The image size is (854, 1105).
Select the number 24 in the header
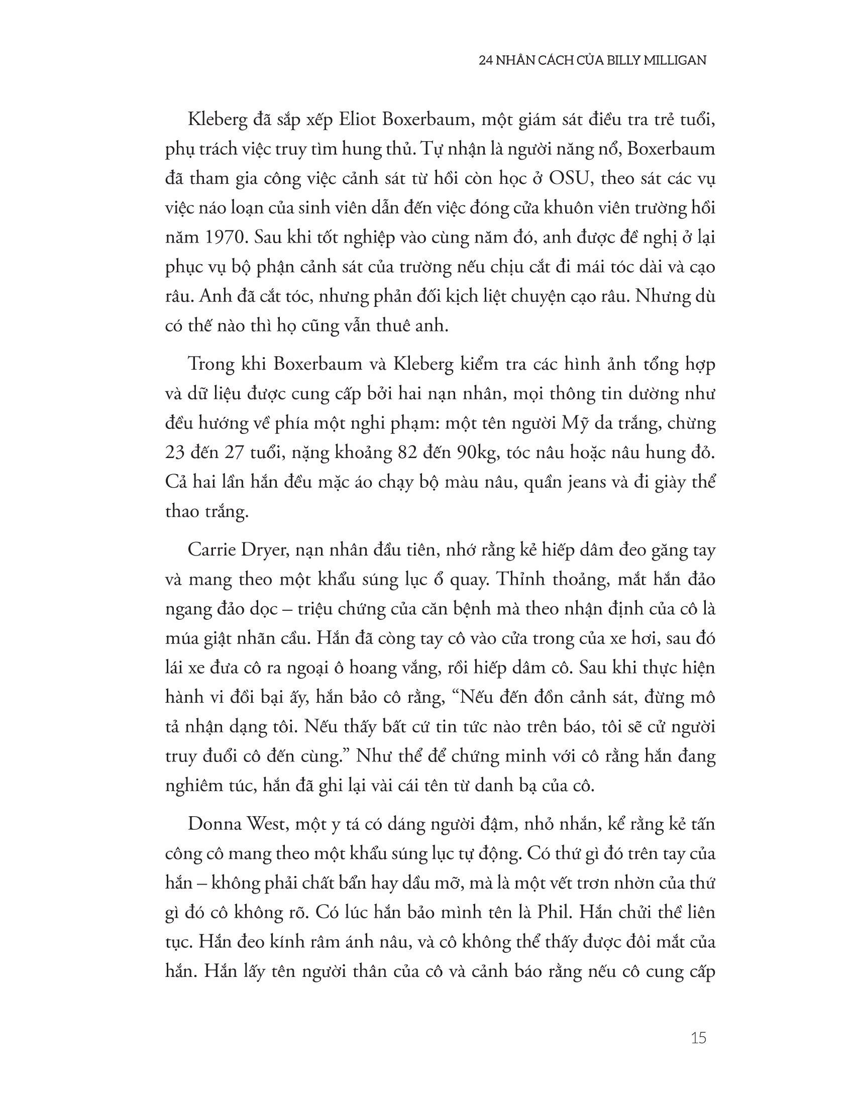pyautogui.click(x=486, y=61)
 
